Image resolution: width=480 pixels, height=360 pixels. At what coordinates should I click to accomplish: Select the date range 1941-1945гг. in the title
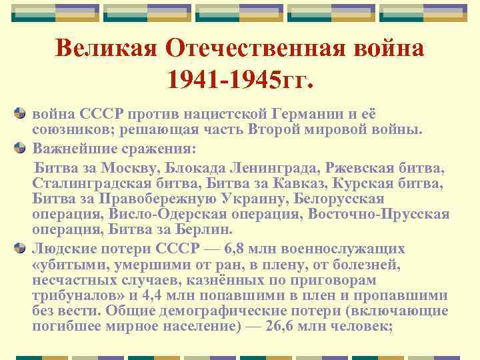[239, 80]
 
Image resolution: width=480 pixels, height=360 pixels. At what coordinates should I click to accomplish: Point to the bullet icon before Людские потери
[22, 249]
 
